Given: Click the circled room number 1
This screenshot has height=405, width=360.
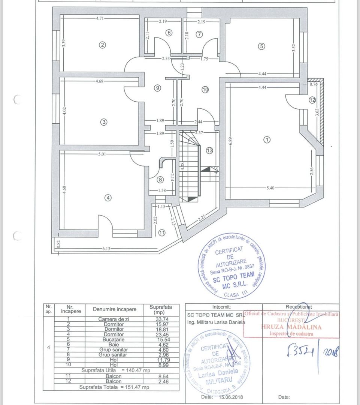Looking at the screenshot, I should (x=267, y=139).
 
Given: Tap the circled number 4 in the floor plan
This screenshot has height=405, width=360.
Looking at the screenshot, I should (x=108, y=198).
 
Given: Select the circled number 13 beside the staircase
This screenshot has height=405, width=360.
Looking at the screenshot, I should (x=209, y=150).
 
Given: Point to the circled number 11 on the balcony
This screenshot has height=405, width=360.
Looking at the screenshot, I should (x=161, y=233).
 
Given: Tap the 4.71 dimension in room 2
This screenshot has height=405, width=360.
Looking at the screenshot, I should (x=100, y=18).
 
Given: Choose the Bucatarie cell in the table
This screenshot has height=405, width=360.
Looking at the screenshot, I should (x=114, y=339).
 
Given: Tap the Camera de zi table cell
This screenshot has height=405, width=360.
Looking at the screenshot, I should (x=114, y=319).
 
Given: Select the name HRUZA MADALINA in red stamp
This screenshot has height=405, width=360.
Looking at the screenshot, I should (x=291, y=327).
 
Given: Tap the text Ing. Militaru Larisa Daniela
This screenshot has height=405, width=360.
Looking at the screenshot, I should (x=215, y=322).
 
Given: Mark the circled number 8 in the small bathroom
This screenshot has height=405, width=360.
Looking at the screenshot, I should (x=160, y=179).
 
